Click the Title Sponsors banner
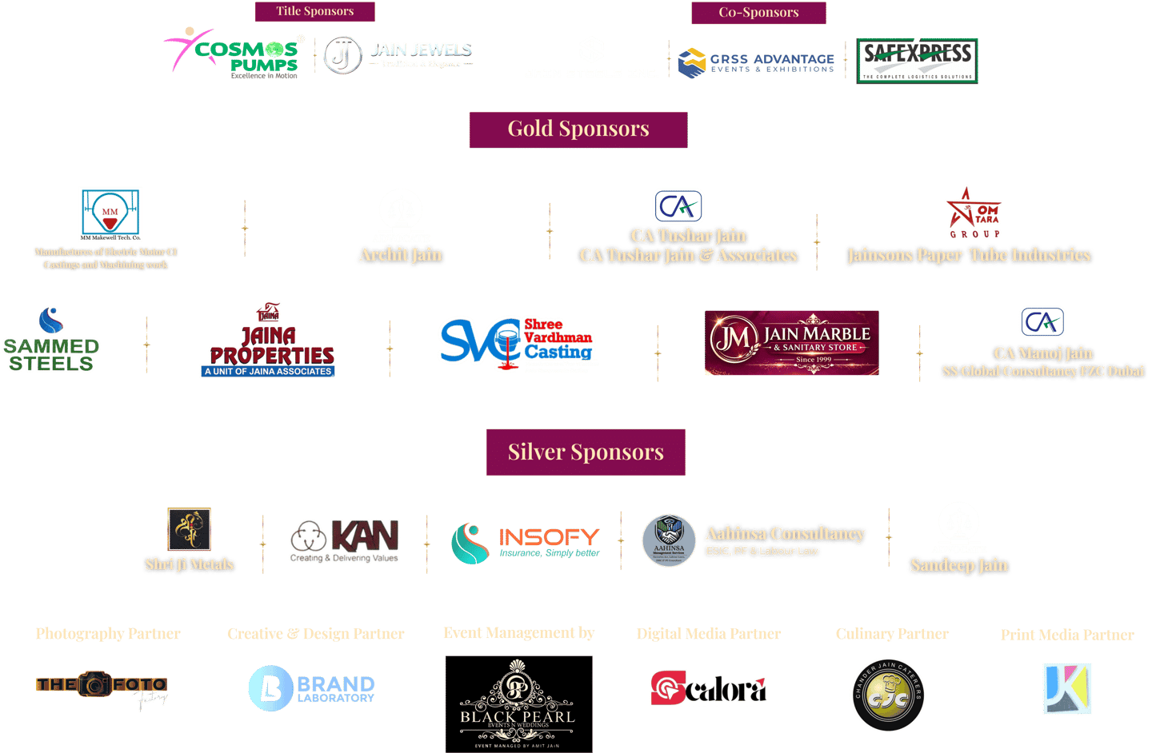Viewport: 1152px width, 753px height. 314,11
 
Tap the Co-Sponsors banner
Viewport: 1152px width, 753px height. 758,13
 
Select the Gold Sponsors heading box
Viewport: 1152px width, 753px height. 578,129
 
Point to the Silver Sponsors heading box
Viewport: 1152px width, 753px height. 586,452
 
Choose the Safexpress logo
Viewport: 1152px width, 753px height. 917,61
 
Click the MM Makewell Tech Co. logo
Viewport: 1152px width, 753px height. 110,214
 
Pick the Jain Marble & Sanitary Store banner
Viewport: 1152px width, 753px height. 791,343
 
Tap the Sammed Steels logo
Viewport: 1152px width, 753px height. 51,340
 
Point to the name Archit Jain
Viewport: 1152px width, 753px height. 401,255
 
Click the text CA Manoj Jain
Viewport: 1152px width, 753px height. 1042,353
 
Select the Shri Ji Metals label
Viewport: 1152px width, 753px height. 190,564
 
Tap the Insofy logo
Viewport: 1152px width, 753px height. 526,543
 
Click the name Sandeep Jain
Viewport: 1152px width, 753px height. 959,566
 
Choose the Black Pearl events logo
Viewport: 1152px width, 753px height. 519,703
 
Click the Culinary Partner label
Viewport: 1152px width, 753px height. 892,634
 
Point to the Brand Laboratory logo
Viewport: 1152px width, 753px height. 312,688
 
